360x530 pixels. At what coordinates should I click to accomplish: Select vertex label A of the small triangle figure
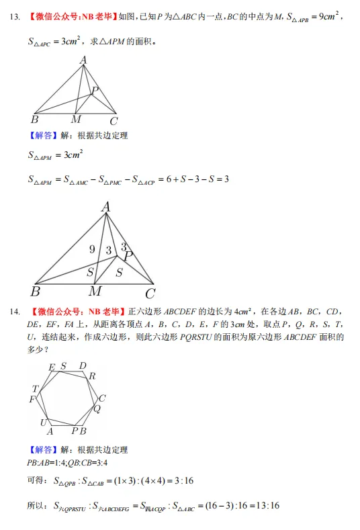click(83, 60)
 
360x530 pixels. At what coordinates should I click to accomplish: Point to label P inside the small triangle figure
click(95, 90)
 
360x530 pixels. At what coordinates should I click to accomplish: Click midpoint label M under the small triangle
click(76, 120)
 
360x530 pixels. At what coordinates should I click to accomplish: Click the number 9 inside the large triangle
click(92, 250)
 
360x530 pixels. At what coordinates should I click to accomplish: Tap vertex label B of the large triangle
click(35, 292)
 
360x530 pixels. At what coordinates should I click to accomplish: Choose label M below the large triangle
click(95, 292)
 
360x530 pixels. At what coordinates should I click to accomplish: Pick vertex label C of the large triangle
click(150, 293)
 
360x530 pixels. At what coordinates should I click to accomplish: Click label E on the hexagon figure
click(52, 367)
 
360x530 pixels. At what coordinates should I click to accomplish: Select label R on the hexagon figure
click(92, 376)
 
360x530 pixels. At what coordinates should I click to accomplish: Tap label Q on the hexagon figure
click(97, 408)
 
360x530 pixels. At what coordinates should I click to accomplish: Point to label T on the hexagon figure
click(35, 389)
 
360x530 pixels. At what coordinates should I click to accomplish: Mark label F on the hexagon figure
click(32, 400)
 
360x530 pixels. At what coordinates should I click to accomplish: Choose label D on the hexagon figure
click(83, 366)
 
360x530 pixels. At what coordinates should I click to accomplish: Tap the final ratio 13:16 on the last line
click(266, 506)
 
